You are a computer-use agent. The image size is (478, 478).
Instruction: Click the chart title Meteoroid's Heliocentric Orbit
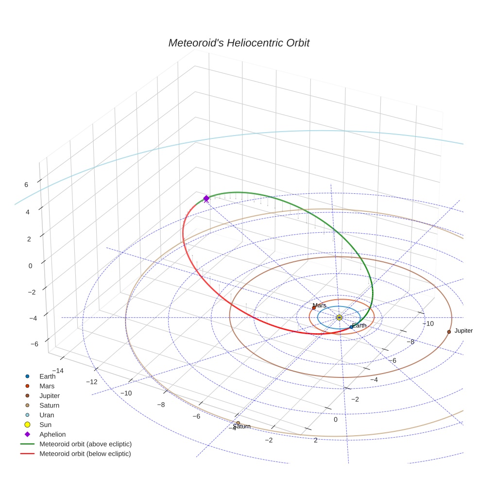tap(239, 43)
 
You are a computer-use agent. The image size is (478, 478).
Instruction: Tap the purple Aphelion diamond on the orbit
tap(206, 198)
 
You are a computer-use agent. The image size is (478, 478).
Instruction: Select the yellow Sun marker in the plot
tap(339, 317)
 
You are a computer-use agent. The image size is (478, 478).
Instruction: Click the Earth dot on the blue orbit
tap(351, 327)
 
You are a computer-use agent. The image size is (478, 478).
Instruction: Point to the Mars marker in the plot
tap(314, 307)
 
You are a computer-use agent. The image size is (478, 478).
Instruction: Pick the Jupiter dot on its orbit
tap(449, 332)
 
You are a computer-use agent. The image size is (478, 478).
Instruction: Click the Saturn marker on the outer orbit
tap(238, 423)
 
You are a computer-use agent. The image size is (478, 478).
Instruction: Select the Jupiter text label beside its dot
tap(463, 331)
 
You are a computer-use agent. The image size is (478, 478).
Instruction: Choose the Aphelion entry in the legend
tap(52, 434)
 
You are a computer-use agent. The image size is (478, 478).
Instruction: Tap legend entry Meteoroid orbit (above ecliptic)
tap(85, 444)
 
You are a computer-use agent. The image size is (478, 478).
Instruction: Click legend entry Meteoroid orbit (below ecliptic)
tap(85, 454)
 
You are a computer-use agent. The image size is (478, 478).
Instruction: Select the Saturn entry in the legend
tap(49, 405)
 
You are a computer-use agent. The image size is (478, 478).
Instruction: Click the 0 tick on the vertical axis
tap(31, 266)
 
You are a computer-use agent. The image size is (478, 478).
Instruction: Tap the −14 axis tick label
tap(57, 370)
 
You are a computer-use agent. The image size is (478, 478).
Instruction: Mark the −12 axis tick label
tap(91, 381)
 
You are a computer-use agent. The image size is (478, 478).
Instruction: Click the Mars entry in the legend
tap(47, 386)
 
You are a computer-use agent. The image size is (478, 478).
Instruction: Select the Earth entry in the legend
tap(48, 376)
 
